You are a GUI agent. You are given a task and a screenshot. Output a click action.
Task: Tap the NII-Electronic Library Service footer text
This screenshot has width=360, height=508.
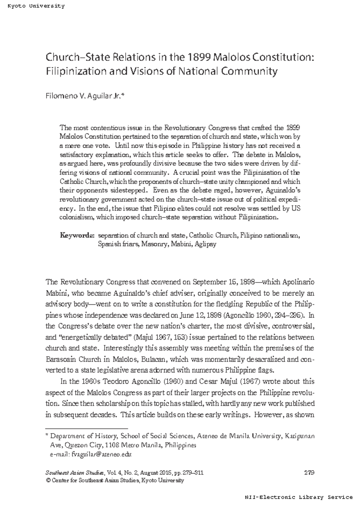298,497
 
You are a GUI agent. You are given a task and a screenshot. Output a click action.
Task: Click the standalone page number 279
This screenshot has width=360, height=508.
309,473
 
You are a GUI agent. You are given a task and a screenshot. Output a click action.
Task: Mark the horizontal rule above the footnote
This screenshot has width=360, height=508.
86,429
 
